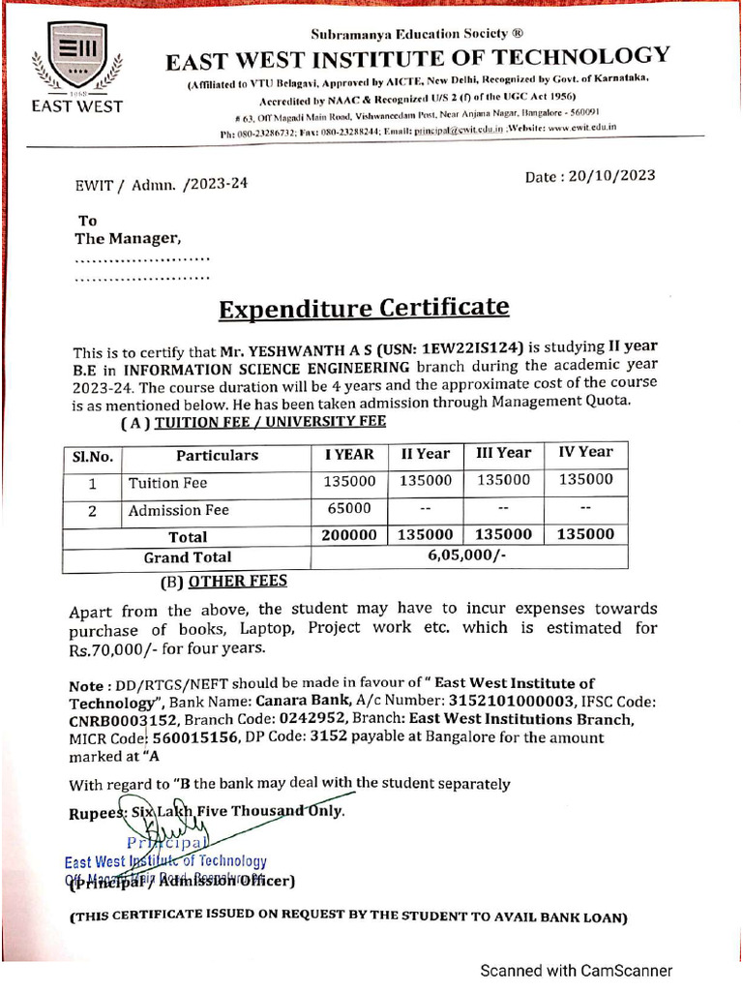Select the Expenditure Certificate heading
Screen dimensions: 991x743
click(363, 309)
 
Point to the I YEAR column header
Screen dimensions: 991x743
click(348, 454)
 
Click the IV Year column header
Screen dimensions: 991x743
click(585, 452)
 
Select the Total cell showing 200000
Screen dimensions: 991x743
click(348, 535)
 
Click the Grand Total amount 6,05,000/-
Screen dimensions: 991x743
click(468, 556)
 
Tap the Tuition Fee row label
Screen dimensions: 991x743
click(167, 482)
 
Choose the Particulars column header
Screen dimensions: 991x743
click(217, 455)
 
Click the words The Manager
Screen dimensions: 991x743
click(128, 238)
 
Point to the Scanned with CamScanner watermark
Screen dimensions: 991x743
click(577, 970)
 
